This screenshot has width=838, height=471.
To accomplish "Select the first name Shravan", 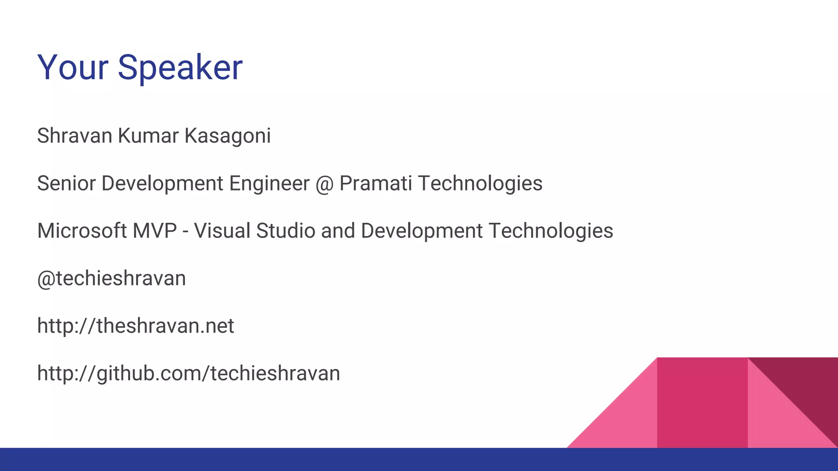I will click(74, 136).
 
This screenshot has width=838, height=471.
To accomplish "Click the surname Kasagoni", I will click(228, 137).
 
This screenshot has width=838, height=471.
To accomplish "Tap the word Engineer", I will click(269, 183).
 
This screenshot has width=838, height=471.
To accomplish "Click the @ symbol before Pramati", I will click(324, 184).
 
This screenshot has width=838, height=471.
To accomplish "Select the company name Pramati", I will click(376, 183).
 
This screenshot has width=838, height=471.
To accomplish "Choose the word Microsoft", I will click(82, 231).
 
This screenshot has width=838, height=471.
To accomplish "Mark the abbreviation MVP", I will click(155, 231).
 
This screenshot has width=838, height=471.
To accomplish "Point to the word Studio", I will click(286, 231).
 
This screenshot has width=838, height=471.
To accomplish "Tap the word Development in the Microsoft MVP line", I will click(422, 231).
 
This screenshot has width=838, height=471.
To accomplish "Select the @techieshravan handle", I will click(111, 278).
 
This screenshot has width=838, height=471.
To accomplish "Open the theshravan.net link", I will click(135, 326).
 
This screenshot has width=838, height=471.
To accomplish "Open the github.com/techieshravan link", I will click(188, 374).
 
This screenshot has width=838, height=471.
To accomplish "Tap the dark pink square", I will click(702, 403).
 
